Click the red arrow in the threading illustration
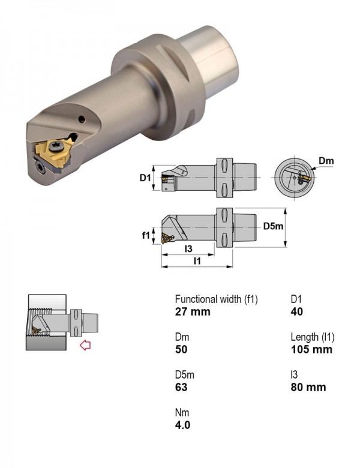point(85,346)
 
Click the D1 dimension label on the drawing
point(145,178)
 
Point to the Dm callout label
point(326,161)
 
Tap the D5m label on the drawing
point(273,226)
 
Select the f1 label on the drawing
point(146,235)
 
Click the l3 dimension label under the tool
point(188,248)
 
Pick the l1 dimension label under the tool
point(197,261)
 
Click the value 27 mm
point(193,312)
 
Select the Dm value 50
point(181,350)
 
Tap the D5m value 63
point(181,387)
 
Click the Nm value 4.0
point(182,425)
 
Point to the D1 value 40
point(297,312)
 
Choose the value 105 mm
point(311,350)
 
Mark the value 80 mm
point(308,387)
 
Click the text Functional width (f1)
point(216,299)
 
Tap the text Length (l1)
point(313,337)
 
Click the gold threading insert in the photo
point(55,154)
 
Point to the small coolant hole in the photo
point(82,119)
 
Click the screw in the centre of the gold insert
point(56,146)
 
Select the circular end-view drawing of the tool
point(295,178)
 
